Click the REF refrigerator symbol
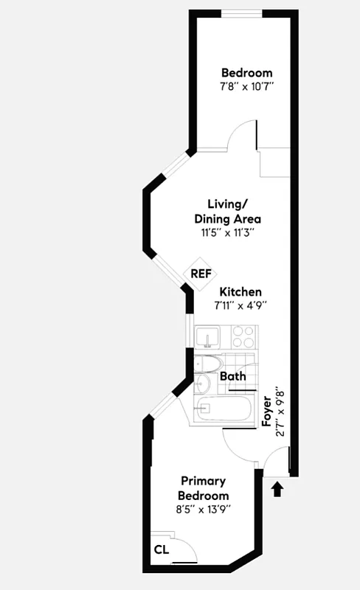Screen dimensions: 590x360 coord(201,274)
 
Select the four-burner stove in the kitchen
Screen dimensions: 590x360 coord(244,337)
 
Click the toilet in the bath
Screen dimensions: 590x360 coord(208,364)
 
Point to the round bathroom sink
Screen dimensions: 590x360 coord(204,383)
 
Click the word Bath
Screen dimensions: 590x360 coord(234,376)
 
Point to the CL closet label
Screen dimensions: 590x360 coord(162,549)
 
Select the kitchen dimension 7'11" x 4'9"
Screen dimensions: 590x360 coord(239,305)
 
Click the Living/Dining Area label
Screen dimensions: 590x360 coord(227,212)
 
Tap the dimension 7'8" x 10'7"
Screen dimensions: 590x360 coord(247,87)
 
